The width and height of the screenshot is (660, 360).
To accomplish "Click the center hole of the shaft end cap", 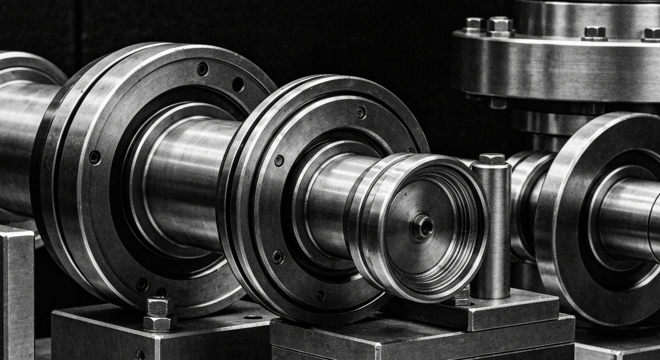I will tap(423, 227).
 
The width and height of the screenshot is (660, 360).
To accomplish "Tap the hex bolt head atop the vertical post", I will tap(492, 159).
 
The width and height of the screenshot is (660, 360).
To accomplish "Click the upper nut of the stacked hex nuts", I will tap(159, 306).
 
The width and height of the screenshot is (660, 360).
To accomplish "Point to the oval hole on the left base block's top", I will tap(253, 317).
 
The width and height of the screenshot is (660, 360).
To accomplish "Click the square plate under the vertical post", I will tap(506, 309).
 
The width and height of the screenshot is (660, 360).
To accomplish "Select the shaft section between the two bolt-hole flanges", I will tap(187, 178).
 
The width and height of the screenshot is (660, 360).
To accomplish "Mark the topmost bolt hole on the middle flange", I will tap(361, 112).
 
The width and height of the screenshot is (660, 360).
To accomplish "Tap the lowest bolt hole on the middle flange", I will tap(320, 295).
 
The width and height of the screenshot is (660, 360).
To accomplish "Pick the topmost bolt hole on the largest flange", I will tap(202, 69).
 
